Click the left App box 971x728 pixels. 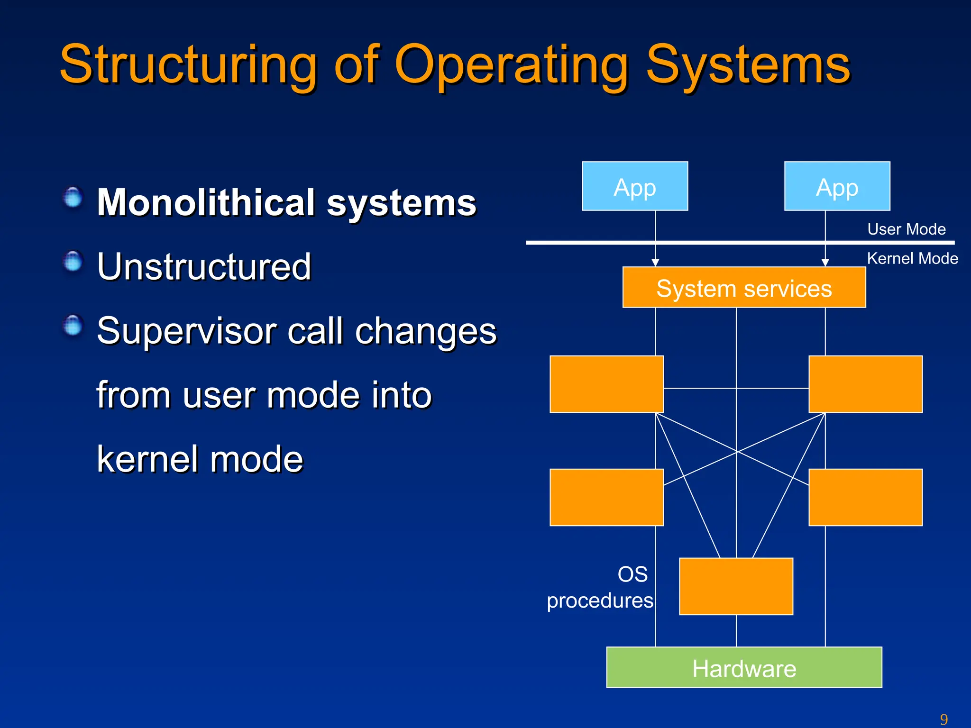[635, 186]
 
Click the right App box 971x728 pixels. [837, 186]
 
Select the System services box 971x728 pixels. [744, 288]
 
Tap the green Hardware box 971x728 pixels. [744, 667]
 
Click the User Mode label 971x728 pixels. [906, 229]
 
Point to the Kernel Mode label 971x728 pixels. [912, 259]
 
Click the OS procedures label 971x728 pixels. [600, 588]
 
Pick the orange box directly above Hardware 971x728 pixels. [736, 586]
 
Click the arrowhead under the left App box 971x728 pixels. [655, 263]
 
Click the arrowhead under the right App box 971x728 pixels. [825, 263]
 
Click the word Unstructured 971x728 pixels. [204, 267]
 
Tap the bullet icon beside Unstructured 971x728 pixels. [73, 262]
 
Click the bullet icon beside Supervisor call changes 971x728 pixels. [73, 326]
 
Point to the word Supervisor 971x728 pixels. [186, 331]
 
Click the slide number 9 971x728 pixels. [944, 719]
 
